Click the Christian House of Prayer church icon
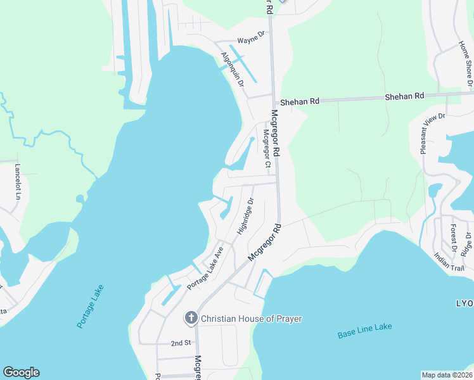[x=191, y=318]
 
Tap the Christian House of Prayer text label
[x=252, y=318]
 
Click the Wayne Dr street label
[x=250, y=40]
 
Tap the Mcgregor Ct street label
[x=267, y=151]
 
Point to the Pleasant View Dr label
[x=432, y=134]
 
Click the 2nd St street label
[x=181, y=343]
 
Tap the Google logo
[x=21, y=372]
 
